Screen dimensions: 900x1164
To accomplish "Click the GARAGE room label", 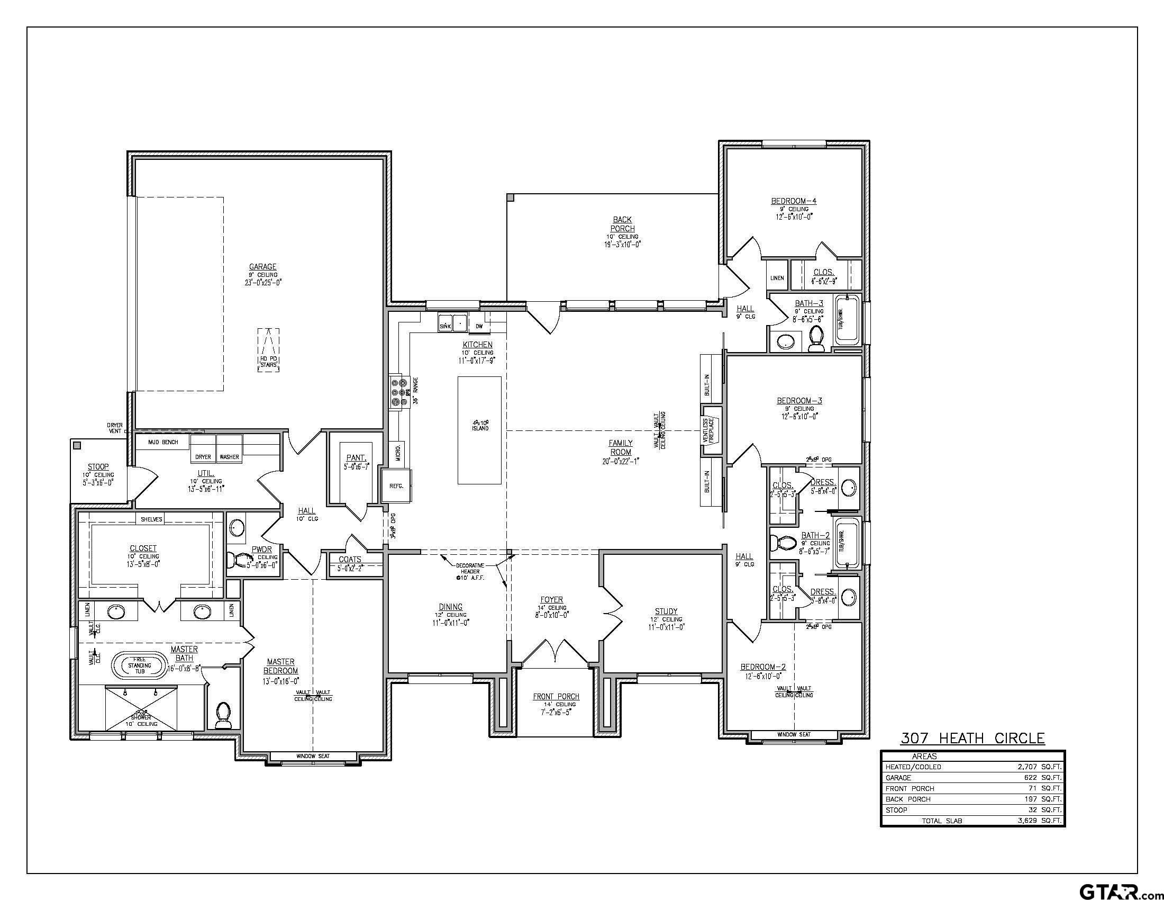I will pos(263,267).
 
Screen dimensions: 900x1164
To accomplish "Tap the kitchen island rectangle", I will pos(479,430).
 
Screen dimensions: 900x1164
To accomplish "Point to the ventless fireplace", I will pos(711,430).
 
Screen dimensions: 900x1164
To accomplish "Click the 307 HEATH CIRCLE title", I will pos(972,738).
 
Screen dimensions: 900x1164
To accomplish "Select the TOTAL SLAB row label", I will pos(942,821).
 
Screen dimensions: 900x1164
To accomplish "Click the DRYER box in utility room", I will pos(203,456).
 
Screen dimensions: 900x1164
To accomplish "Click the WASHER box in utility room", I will pos(229,456).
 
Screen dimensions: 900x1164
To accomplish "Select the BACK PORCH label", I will pos(622,224).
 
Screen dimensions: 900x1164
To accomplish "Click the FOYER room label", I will pos(551,600).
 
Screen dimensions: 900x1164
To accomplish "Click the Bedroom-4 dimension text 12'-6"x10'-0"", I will pos(794,217).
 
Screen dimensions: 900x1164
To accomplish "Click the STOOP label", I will pos(98,466).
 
